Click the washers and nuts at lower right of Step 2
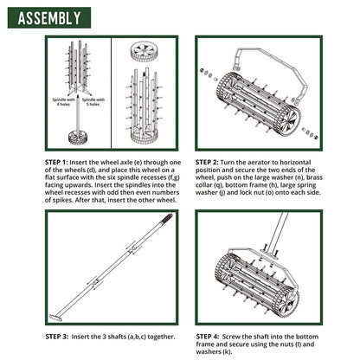[309, 132]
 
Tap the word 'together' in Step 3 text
[158, 335]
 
